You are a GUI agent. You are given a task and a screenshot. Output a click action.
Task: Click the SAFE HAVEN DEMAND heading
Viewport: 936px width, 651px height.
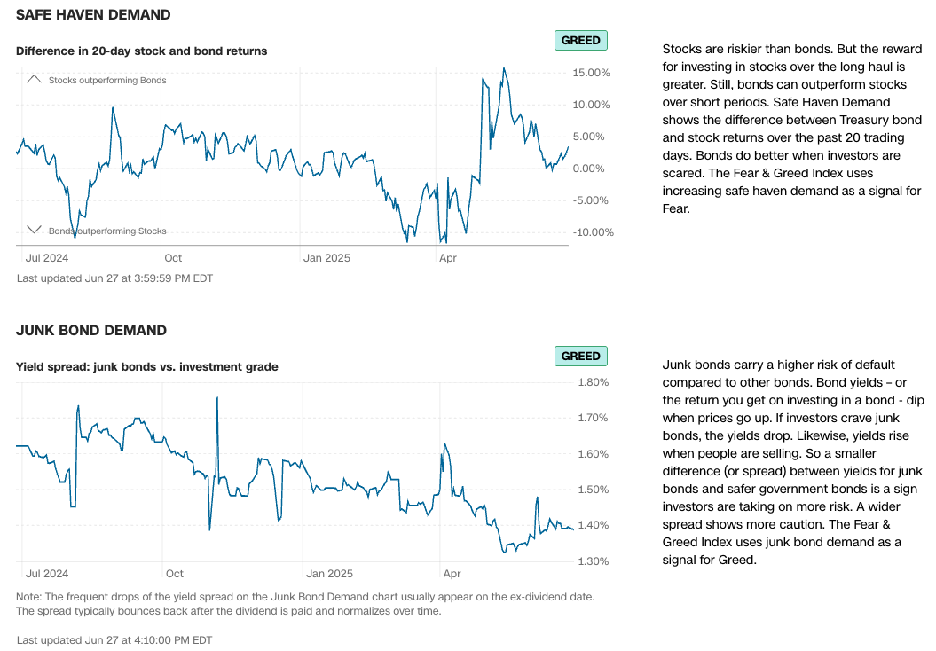coord(93,15)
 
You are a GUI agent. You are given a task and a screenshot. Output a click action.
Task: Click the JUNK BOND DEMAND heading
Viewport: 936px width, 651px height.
coord(91,331)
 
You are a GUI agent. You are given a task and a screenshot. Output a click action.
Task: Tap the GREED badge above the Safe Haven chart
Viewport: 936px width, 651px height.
coord(580,40)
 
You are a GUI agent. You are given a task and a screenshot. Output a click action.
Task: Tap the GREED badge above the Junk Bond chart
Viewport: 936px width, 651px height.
coord(580,356)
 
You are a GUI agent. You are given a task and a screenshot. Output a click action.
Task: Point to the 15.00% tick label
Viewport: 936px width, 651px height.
coord(592,73)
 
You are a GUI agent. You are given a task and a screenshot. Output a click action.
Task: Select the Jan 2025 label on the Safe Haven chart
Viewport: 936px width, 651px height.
coord(326,258)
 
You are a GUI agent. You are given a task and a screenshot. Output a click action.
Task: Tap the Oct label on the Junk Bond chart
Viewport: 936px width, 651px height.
coord(173,574)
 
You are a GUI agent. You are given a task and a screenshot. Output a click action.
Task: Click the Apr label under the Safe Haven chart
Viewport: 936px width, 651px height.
coord(448,258)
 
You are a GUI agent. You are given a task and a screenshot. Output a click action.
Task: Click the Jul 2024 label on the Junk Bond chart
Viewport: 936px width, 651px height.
coord(47,574)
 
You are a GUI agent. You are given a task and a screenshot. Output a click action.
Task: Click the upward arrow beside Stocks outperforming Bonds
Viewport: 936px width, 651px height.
coord(35,79)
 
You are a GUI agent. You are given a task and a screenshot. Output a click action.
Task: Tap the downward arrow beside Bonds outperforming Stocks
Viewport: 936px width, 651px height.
coord(35,230)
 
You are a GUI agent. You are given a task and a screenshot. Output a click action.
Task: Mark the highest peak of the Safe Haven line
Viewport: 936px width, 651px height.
coord(504,68)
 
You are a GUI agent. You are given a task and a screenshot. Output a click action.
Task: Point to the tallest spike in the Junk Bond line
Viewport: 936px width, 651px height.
coord(217,398)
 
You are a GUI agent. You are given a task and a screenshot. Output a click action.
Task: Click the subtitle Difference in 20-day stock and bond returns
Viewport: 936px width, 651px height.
coord(141,51)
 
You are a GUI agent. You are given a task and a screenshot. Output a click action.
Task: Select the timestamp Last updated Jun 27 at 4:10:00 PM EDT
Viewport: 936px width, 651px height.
coord(114,639)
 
